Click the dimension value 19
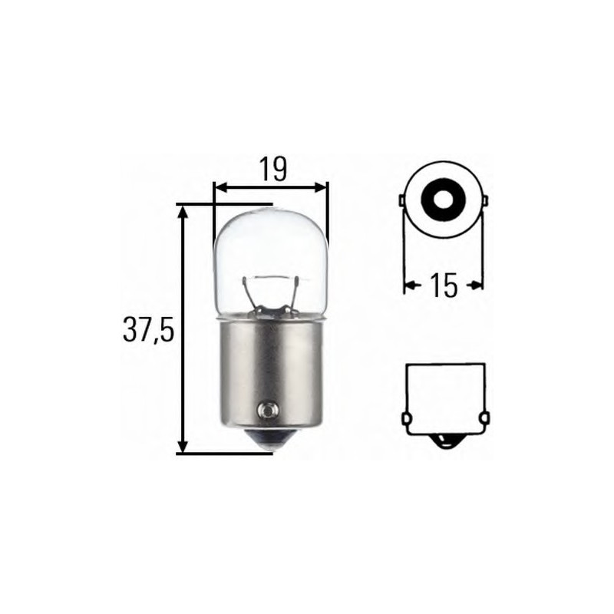coord(272,169)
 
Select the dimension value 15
coord(444,286)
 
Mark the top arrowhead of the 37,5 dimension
coord(183,212)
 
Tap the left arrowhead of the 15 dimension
coord(408,286)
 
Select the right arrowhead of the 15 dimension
coord(478,286)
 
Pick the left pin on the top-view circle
coord(401,202)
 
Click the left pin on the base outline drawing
coord(404,419)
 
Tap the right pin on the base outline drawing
coord(484,419)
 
